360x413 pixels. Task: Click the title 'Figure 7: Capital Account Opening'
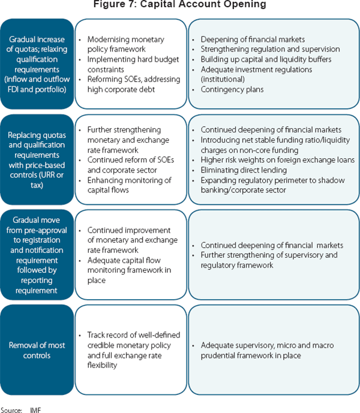tap(179, 5)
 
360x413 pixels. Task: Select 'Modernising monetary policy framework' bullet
tap(125, 44)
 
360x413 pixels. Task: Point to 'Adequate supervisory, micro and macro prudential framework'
tap(268, 350)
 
